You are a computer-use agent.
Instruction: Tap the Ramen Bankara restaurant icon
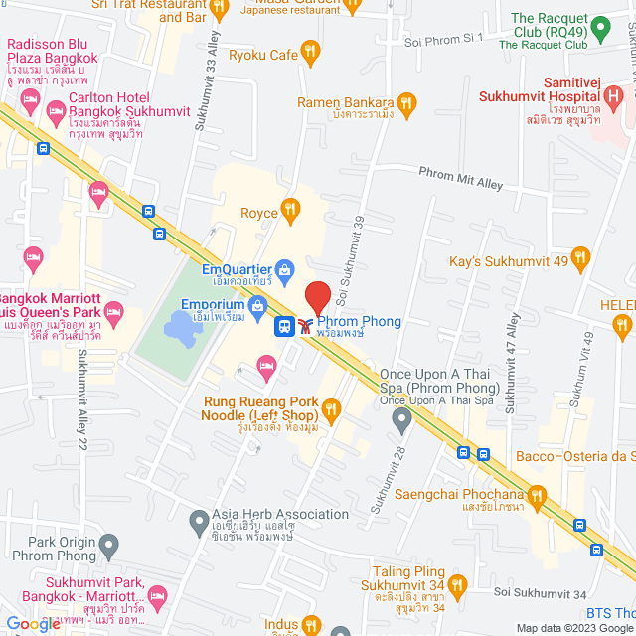pos(405,102)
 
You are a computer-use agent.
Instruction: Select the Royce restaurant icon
pos(290,209)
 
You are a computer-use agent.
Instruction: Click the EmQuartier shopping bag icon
pos(285,268)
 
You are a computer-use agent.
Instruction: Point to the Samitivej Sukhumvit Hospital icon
pos(615,97)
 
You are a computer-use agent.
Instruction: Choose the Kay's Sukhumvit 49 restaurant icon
pos(581,260)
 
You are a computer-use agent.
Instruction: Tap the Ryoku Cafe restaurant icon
pos(311,52)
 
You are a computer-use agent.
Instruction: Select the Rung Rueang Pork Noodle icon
pos(331,407)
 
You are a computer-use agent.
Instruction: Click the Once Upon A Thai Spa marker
pos(401,420)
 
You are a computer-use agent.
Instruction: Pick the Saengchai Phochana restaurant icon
pos(538,495)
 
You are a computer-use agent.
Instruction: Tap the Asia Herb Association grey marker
pos(199,520)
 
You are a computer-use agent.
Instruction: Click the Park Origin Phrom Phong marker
pos(108,545)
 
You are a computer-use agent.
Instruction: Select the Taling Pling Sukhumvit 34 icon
pos(457,584)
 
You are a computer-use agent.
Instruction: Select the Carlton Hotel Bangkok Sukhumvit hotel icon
pos(31,100)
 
